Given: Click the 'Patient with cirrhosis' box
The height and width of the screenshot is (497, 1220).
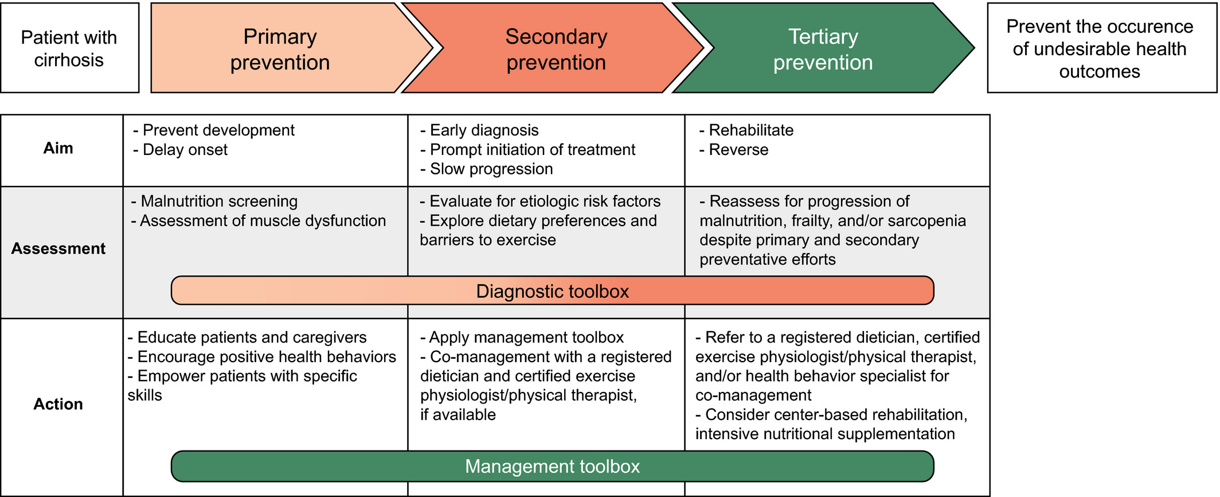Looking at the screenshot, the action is [69, 48].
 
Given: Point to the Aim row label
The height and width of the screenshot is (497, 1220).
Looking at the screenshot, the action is [58, 148].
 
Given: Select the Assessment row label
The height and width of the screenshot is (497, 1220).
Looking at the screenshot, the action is [58, 248].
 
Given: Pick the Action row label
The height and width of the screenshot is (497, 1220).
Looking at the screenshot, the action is [58, 404].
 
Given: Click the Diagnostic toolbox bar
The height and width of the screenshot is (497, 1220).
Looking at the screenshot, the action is [553, 290].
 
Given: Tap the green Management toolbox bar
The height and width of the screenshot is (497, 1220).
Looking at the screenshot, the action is [553, 466].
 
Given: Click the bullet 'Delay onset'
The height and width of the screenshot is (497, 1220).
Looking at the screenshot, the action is [180, 150].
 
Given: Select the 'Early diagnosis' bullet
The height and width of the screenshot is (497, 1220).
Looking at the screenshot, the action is [479, 130].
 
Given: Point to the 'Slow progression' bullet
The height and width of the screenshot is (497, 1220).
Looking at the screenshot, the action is [486, 169].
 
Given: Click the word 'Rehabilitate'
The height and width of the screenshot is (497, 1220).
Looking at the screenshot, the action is [751, 130].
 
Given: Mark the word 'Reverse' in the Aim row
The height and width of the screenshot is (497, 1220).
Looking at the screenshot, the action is [738, 150].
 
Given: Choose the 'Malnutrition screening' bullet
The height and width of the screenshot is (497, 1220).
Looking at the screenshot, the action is [214, 201].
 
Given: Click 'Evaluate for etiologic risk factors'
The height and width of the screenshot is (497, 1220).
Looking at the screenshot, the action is [540, 201].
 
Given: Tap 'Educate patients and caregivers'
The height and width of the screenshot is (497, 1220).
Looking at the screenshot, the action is [247, 337].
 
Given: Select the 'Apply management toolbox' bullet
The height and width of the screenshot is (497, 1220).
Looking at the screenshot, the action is [522, 337].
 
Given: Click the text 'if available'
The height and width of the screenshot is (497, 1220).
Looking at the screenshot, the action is [458, 415].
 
